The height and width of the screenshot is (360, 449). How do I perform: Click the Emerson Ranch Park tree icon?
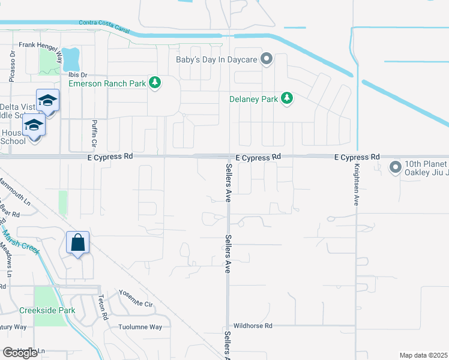pos(155,83)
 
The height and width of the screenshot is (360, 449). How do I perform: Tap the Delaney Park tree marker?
pos(287,98)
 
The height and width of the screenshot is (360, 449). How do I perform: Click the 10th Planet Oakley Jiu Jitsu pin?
pos(395,166)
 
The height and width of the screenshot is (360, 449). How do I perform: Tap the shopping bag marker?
pos(78,243)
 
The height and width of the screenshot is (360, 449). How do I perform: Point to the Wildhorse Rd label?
pos(253,326)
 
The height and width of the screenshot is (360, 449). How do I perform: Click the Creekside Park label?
pos(47,310)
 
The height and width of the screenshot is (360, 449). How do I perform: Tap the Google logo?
pos(20,353)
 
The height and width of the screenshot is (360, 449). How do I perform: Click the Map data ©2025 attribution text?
pos(424,355)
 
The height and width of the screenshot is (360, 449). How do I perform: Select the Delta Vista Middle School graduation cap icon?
pos(47,100)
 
